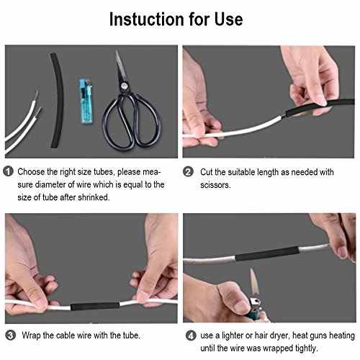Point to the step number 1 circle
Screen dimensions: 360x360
tap(9, 172)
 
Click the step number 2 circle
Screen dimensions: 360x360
tap(188, 172)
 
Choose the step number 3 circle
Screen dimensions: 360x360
tap(9, 335)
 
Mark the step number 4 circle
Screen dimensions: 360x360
tap(188, 335)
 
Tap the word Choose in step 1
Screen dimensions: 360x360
tap(33, 172)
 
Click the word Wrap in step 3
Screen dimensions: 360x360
tap(30, 335)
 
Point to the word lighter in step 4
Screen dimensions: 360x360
tap(238, 335)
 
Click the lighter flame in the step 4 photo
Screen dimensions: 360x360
tap(253, 280)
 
